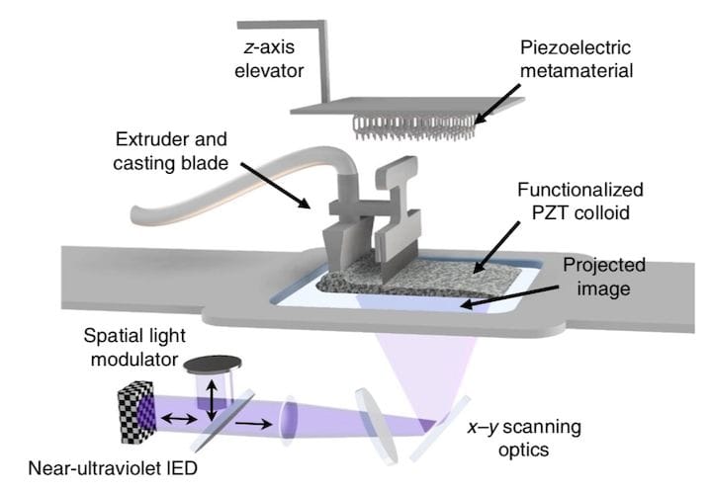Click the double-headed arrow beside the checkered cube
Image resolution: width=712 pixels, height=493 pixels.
pyautogui.click(x=182, y=420)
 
